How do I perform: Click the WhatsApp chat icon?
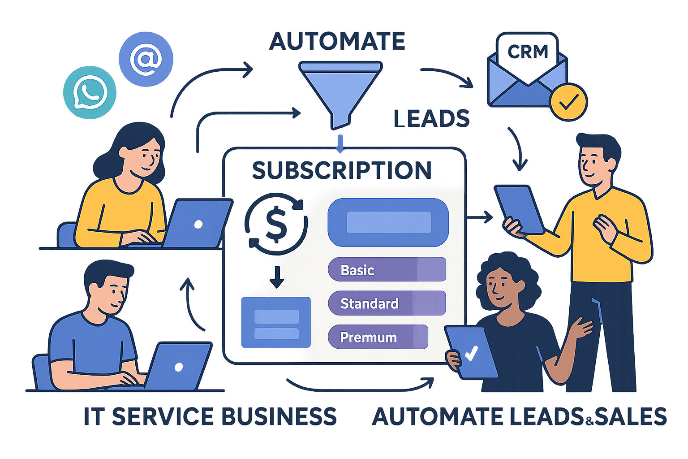tap(90, 93)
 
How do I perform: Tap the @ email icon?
tap(146, 59)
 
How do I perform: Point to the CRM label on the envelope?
tap(528, 52)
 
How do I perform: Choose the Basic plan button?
tap(387, 269)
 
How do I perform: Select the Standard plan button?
tap(387, 303)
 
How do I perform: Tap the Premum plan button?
tap(378, 337)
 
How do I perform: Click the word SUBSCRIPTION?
tap(342, 170)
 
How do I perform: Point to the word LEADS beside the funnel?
tap(431, 119)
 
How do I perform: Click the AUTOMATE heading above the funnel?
tap(337, 42)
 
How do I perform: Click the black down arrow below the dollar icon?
tap(276, 277)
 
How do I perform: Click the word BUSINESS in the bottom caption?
tap(279, 416)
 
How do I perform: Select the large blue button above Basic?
tap(388, 222)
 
